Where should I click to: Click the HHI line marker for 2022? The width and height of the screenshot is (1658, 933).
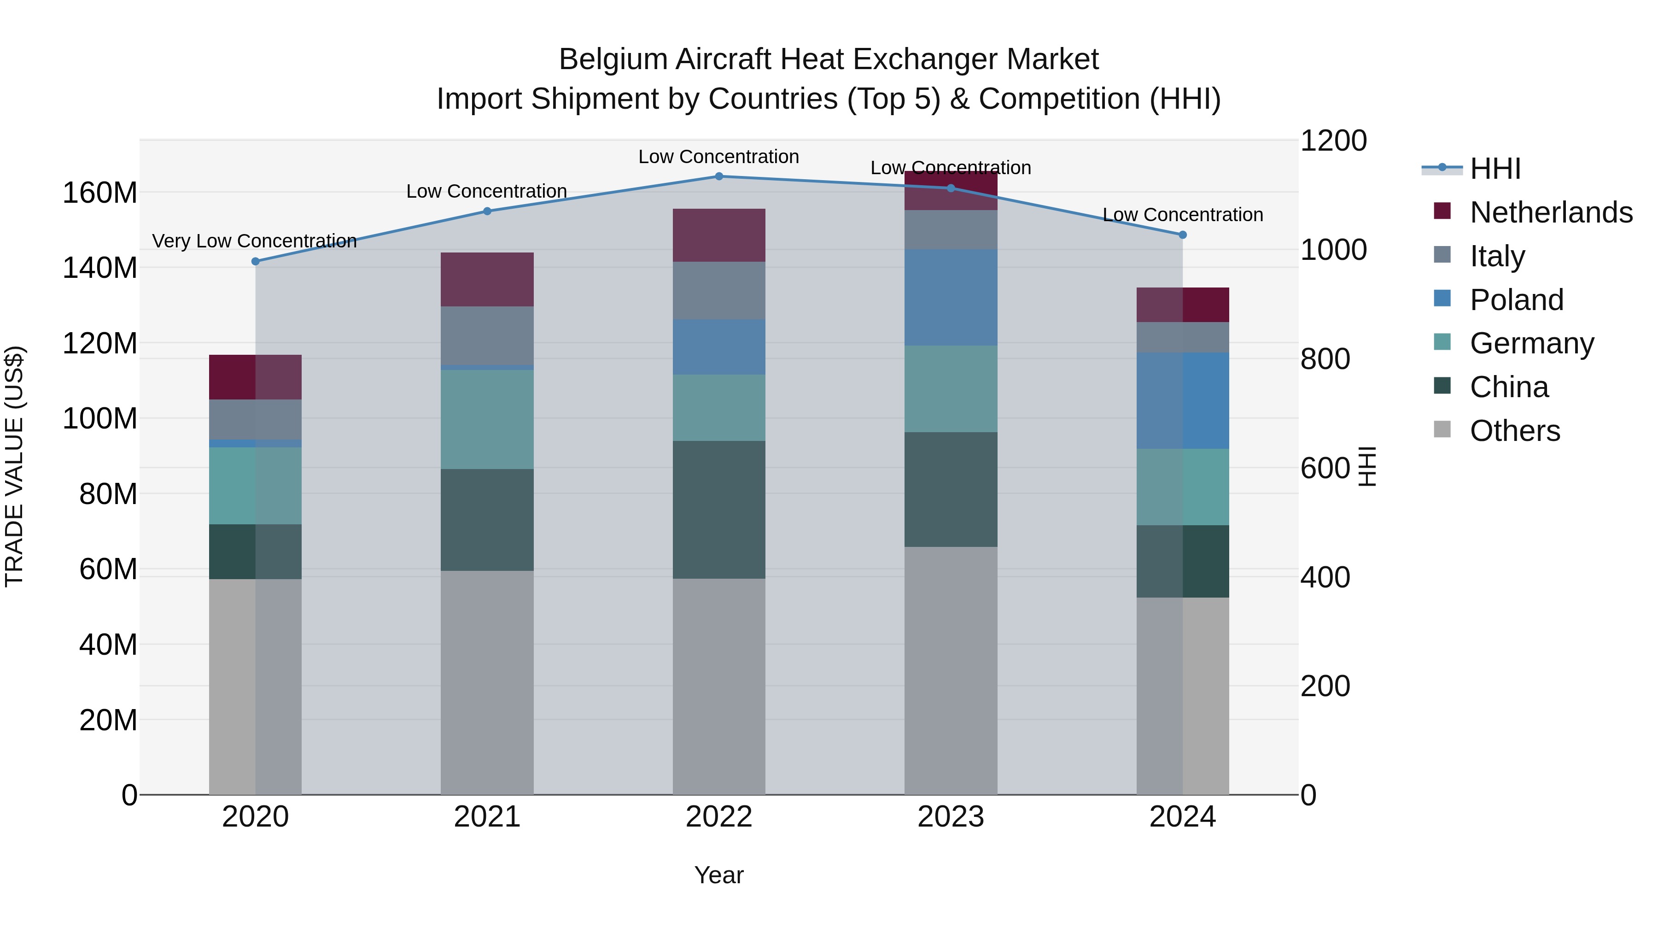719,176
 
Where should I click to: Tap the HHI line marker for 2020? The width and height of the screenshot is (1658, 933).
256,261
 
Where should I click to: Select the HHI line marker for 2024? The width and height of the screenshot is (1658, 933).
1182,235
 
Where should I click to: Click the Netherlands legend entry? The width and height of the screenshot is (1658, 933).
1551,212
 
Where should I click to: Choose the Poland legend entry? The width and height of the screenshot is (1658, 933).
1517,300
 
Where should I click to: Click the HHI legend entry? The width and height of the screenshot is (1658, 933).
1495,169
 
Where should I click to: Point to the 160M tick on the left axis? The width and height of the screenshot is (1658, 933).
100,193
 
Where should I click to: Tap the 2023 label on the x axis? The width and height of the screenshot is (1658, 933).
951,817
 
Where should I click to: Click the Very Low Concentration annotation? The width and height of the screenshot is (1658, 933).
254,241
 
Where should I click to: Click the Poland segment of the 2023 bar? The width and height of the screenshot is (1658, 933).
951,298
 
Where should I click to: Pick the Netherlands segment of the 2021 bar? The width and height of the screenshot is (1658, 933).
487,280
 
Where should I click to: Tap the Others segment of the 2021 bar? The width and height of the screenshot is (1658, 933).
487,682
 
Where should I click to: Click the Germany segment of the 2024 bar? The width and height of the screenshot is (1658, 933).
1182,487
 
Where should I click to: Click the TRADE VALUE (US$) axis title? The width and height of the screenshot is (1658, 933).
14,466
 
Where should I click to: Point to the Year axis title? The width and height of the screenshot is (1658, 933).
719,875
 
